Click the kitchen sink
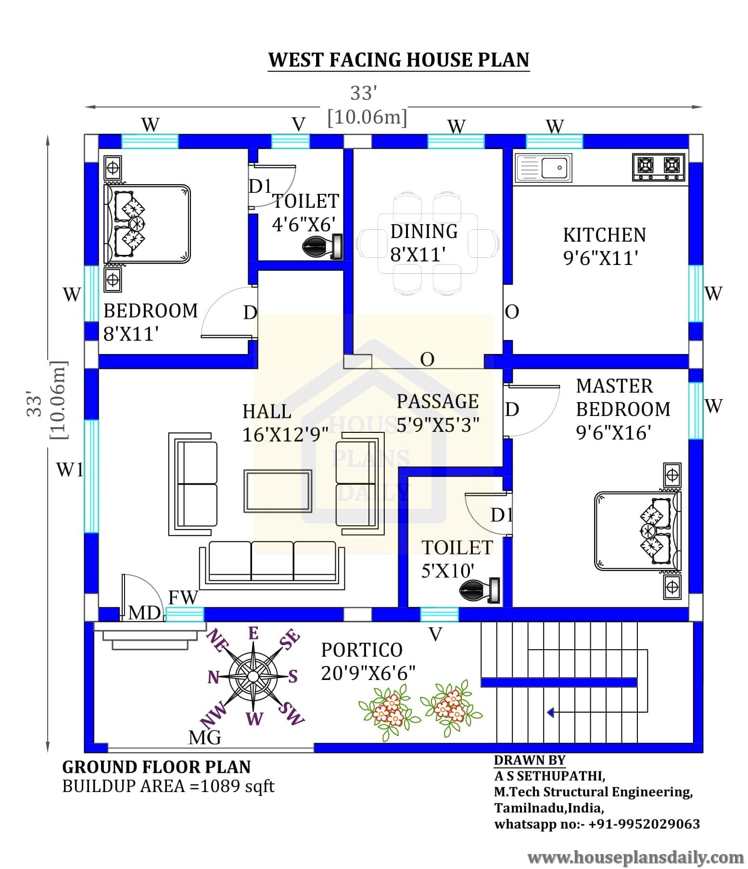coord(543,168)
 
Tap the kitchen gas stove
coord(658,167)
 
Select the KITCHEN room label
coord(604,235)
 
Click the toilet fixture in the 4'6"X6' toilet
coord(322,247)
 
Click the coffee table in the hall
coord(278,491)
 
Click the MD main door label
coord(144,613)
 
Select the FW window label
coord(183,597)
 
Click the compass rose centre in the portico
coord(253,676)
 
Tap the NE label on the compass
coord(216,642)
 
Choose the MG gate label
coord(205,737)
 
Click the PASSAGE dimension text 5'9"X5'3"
coord(438,424)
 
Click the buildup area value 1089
coord(220,786)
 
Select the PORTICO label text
coord(362,650)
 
